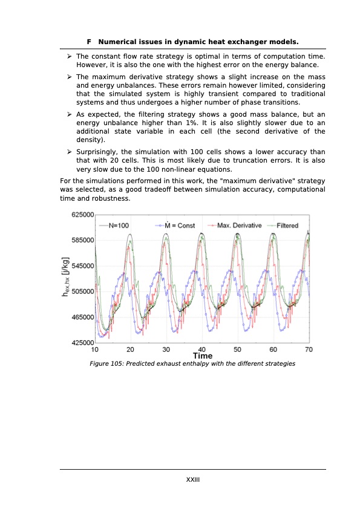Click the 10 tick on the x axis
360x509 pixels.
[96, 349]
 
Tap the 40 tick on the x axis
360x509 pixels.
[202, 349]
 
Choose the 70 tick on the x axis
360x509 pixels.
[309, 349]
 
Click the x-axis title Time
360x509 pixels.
[202, 356]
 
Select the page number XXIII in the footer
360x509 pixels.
[192, 479]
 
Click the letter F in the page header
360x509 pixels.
[89, 42]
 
